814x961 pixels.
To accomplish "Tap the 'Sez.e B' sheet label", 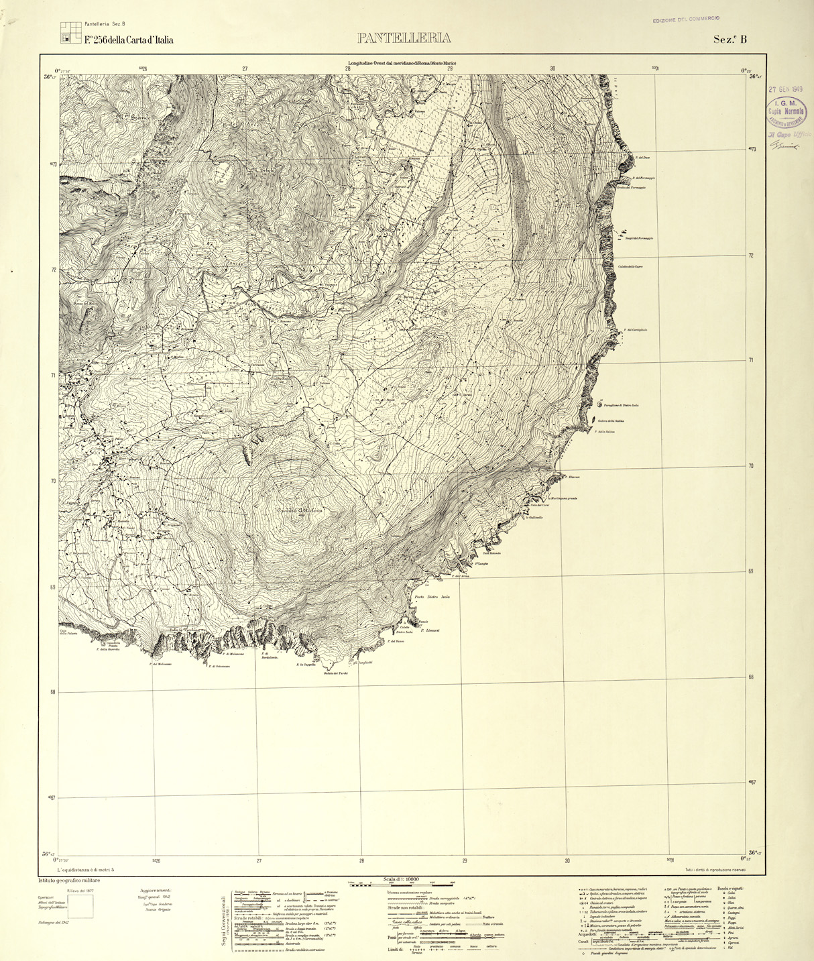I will click(730, 39).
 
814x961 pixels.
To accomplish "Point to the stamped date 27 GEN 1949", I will click(786, 89).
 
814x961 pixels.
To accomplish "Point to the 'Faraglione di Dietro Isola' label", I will click(627, 405).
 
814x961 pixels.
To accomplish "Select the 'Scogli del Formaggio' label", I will click(638, 238).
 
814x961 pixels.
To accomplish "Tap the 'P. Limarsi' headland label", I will click(429, 630).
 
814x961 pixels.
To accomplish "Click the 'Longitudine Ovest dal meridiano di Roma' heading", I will click(406, 62).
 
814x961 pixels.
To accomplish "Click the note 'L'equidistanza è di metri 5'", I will click(86, 870).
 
